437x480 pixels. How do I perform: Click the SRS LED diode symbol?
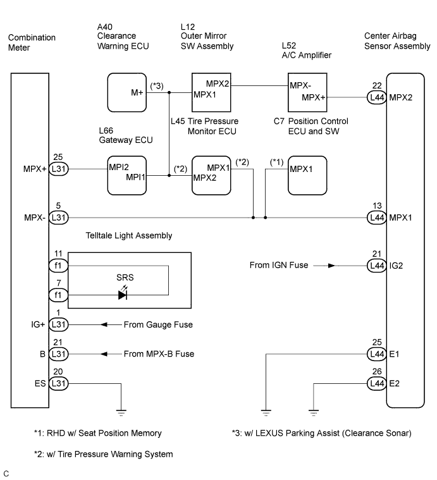[123, 295]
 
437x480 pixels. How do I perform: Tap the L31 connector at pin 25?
[58, 169]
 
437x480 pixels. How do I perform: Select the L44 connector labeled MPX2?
[377, 97]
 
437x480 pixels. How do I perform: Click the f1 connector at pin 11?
[58, 266]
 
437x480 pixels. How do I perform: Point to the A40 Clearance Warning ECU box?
[127, 92]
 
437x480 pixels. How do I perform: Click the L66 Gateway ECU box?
[127, 175]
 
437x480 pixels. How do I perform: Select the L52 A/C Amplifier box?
[307, 92]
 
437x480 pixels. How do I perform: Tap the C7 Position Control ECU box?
[307, 175]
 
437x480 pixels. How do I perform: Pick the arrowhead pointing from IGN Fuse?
[332, 266]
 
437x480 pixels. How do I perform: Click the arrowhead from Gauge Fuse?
[104, 324]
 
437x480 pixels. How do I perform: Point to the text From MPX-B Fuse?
[159, 354]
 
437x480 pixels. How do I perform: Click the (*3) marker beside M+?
[157, 86]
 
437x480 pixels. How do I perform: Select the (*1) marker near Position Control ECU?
[276, 162]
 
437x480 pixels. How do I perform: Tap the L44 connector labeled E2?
[377, 383]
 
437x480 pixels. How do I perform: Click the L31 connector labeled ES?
[58, 383]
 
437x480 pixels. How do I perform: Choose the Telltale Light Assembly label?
[129, 235]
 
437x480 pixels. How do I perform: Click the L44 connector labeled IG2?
[377, 266]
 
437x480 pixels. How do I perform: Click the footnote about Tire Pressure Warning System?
[104, 454]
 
